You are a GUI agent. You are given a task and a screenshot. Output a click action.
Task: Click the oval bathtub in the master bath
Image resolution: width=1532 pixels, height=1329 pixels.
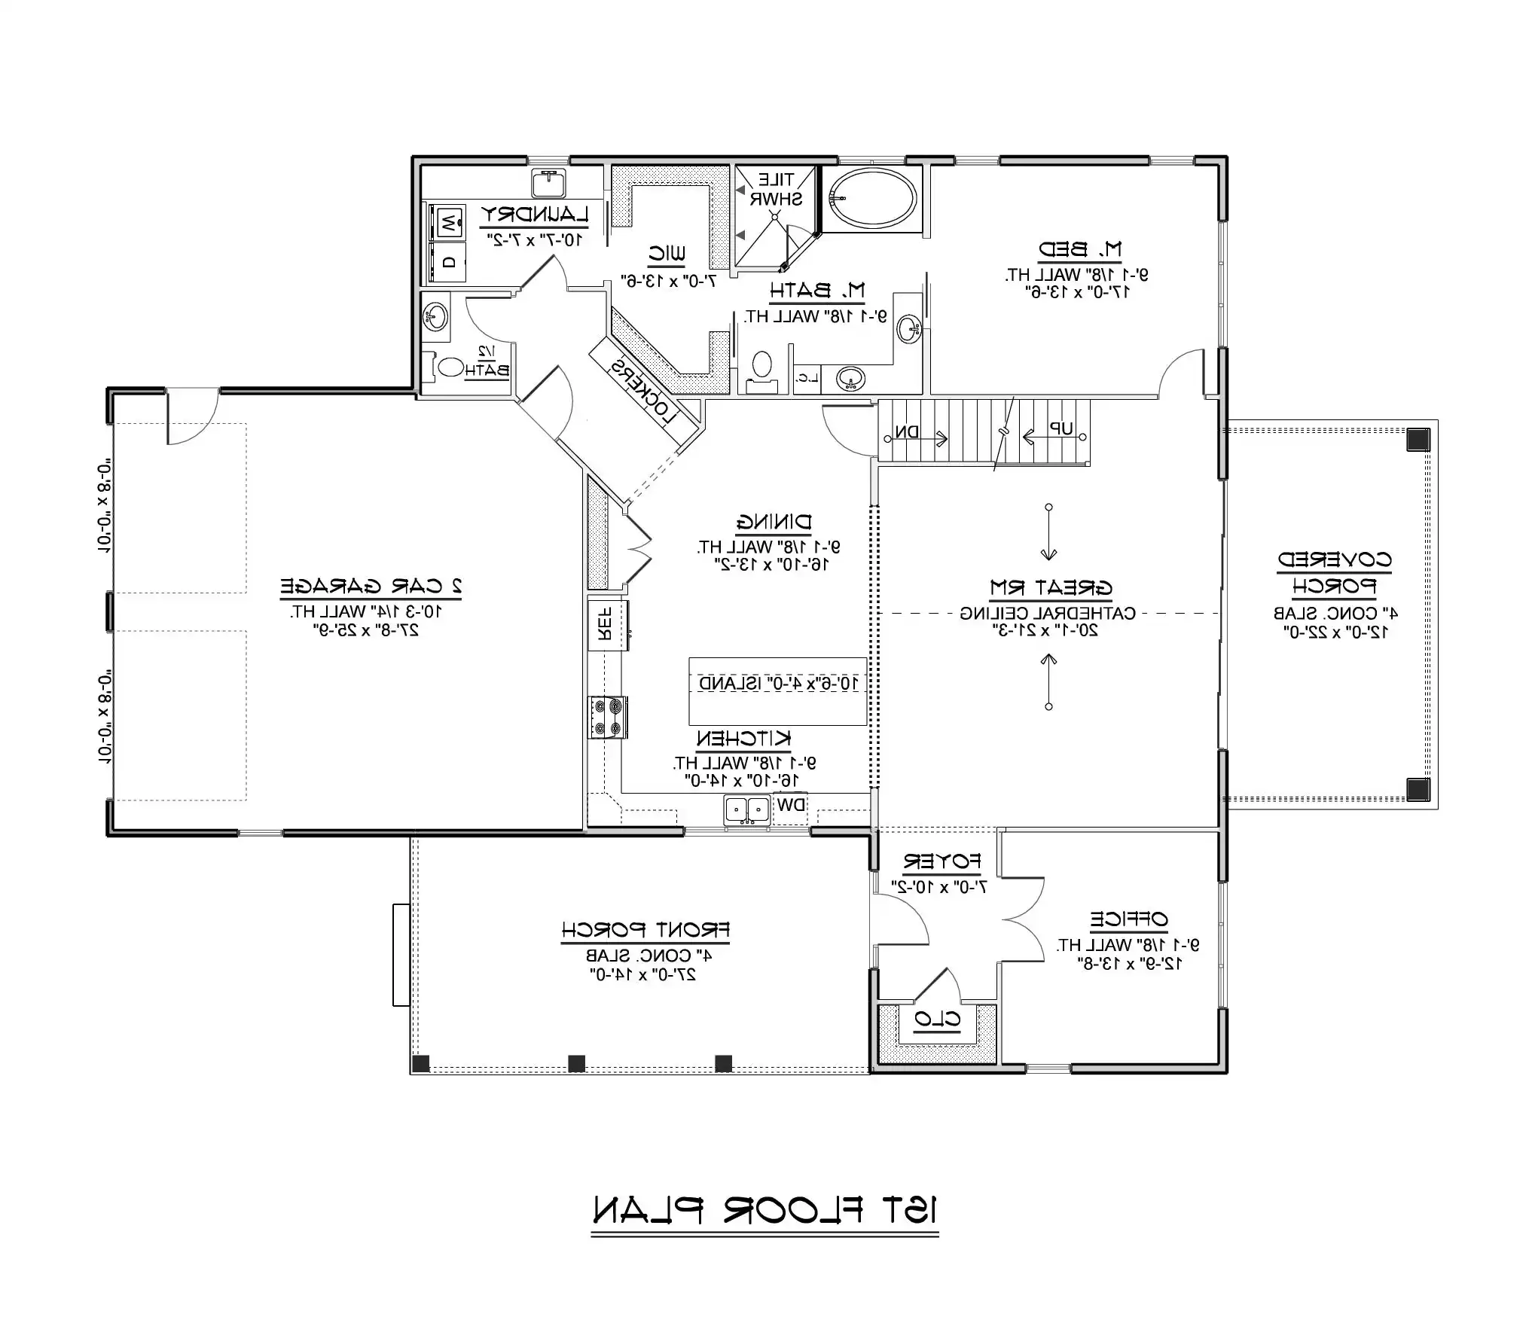click(871, 198)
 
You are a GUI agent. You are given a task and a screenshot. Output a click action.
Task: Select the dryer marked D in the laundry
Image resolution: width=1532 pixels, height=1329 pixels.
click(448, 262)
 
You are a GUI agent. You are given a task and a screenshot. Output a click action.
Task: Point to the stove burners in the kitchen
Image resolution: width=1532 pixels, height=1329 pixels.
click(607, 717)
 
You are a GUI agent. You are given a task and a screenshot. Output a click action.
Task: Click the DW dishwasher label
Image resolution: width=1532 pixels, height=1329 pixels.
click(790, 804)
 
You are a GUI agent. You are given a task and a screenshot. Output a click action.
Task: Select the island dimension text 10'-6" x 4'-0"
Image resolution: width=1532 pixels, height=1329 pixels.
click(779, 683)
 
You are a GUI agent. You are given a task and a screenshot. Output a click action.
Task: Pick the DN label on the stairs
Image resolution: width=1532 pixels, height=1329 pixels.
click(907, 432)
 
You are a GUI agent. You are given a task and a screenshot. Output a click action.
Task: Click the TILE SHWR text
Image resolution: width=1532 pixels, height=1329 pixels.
click(775, 190)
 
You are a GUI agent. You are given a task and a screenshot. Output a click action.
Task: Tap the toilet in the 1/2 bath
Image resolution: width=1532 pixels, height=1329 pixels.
click(450, 367)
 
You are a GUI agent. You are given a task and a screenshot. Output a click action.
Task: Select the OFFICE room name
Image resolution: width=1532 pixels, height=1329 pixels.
click(1128, 919)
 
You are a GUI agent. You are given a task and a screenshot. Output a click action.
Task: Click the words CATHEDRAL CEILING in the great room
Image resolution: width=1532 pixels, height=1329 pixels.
click(1048, 613)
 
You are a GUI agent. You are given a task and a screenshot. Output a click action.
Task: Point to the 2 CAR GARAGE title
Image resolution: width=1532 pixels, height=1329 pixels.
click(371, 585)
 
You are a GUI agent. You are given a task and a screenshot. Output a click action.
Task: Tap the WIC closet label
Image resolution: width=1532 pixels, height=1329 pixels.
click(667, 254)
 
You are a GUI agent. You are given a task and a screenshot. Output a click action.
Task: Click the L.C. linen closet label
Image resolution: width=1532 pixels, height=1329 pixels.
click(807, 379)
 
